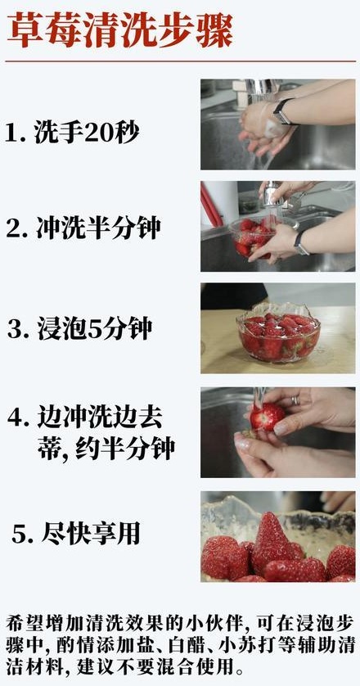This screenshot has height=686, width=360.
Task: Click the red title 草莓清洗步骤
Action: point(119,31)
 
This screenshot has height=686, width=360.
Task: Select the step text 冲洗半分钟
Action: point(98,228)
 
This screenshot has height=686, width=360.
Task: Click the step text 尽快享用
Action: point(91,535)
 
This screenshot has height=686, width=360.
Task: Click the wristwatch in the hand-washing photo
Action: point(282,112)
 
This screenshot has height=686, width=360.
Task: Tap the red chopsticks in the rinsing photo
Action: point(210,205)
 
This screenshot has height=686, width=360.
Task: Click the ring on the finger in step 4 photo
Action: point(295,399)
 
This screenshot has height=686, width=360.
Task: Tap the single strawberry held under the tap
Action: point(267,416)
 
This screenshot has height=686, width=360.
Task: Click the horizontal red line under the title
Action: point(180,61)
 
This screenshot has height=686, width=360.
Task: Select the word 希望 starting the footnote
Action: point(21,623)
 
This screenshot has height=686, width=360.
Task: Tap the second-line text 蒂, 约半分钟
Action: point(106,448)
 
